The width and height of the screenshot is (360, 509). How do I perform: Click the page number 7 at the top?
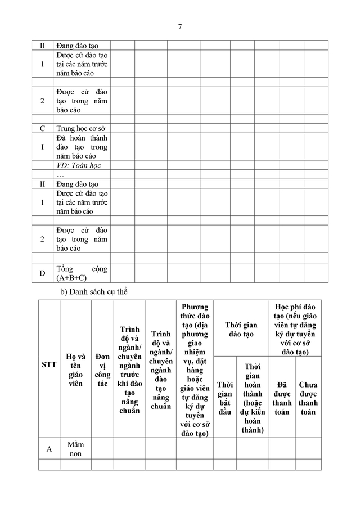coord(179,26)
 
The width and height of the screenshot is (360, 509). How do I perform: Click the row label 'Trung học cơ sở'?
coord(82,128)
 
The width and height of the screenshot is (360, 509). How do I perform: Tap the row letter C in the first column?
coord(42,128)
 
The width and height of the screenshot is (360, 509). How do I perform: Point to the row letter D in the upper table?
coord(42,273)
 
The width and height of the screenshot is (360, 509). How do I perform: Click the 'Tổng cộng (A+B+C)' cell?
coord(82,273)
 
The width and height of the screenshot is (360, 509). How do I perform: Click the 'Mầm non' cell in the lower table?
coord(75,449)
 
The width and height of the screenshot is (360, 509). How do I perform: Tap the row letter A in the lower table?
coord(49,449)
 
